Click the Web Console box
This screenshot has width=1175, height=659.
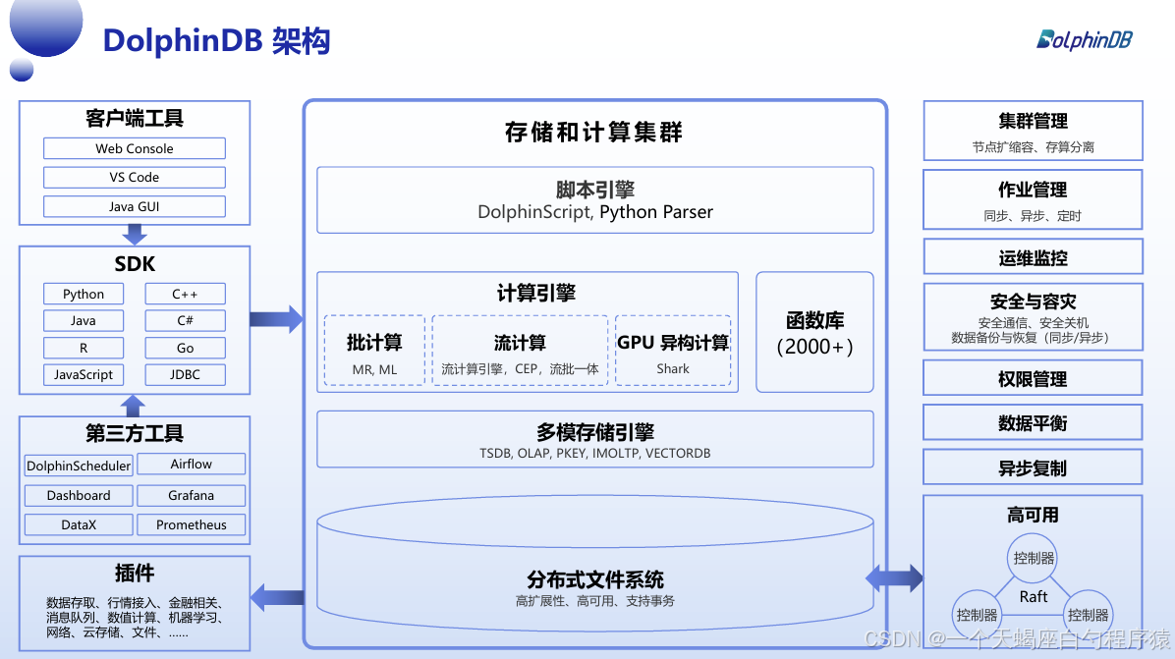(x=135, y=149)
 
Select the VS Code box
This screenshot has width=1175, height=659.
(x=135, y=178)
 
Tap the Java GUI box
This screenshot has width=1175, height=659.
(x=135, y=207)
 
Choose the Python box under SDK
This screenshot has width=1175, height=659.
(x=84, y=295)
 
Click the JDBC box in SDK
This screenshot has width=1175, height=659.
(x=185, y=374)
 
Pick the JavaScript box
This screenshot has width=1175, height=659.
(x=84, y=374)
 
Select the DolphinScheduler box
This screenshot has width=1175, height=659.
(x=78, y=466)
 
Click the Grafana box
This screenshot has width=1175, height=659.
(x=191, y=495)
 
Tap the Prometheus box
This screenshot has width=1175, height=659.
(x=191, y=524)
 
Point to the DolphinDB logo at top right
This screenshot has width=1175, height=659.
(x=1085, y=39)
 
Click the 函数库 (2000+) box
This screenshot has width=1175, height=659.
(x=814, y=333)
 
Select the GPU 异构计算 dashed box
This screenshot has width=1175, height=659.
(x=673, y=351)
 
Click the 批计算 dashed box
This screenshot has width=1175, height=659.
(x=374, y=351)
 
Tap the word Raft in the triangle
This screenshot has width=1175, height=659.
(x=1034, y=596)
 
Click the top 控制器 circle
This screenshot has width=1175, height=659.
(x=1034, y=557)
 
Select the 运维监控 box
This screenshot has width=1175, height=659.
(x=1033, y=258)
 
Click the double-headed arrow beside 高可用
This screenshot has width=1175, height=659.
(x=894, y=577)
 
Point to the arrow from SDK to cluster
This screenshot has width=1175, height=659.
(x=276, y=318)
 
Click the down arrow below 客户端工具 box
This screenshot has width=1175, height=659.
(x=135, y=235)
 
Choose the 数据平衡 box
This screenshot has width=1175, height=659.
(x=1033, y=423)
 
